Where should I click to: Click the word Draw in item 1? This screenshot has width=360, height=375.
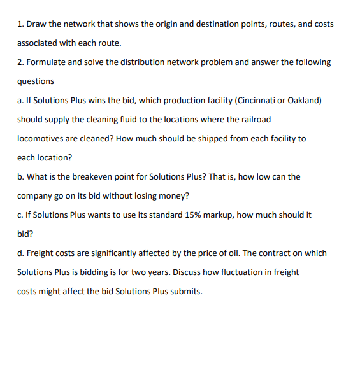pyautogui.click(x=36, y=24)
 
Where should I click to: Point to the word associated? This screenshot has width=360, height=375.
pyautogui.click(x=39, y=43)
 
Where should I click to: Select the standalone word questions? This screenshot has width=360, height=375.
pyautogui.click(x=36, y=81)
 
